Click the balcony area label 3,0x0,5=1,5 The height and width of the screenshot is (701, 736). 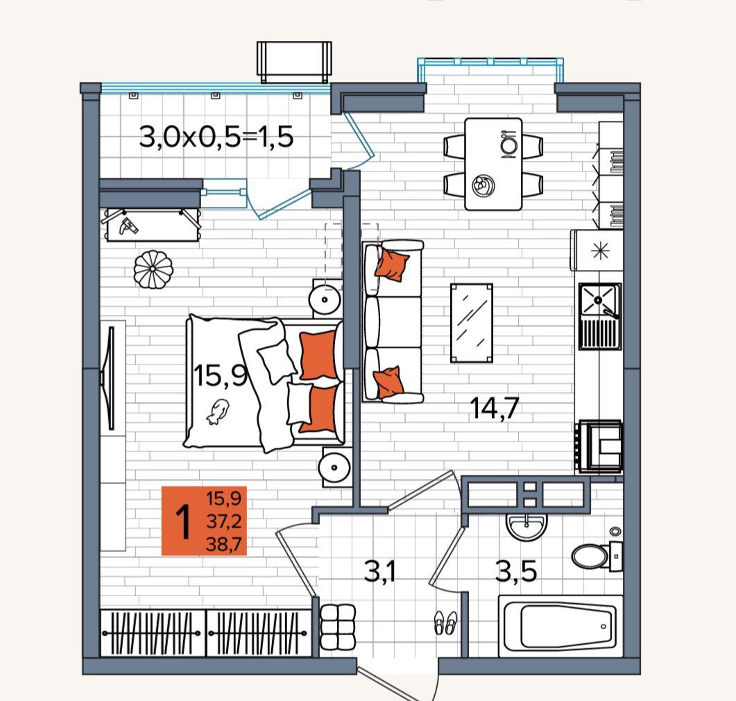coord(216,137)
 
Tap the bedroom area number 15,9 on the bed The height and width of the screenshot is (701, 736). coord(220,375)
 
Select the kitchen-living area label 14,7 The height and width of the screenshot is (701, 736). coord(495,407)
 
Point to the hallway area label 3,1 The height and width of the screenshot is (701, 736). coord(379,571)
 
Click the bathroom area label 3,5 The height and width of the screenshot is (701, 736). coord(516,571)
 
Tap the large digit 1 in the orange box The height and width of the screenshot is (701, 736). coord(183,521)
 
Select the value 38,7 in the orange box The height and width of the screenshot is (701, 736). coord(223,544)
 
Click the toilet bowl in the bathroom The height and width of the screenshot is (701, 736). coord(597,556)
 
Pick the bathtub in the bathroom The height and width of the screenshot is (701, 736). coord(560,626)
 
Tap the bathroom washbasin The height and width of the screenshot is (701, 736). coord(527,526)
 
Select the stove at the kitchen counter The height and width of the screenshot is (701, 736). coord(599,446)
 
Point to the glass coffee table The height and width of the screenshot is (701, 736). coord(472,323)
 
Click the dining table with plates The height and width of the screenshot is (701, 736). coord(493,164)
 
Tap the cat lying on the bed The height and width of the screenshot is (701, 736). coord(217,412)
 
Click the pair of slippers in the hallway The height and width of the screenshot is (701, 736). coord(445,622)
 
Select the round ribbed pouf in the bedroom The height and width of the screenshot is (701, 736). coord(153,269)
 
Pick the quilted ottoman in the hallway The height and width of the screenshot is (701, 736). coord(338,626)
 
